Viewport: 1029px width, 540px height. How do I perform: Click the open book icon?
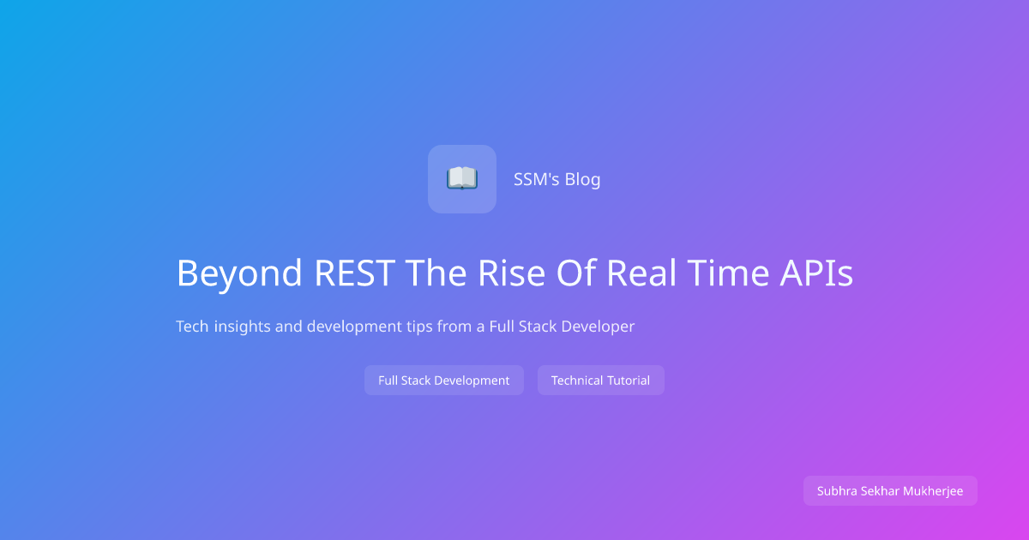tap(462, 178)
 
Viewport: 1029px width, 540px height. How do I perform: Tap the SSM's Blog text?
tap(557, 179)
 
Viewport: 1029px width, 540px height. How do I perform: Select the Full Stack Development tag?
tap(443, 381)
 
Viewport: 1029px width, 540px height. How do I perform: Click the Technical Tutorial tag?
tap(600, 381)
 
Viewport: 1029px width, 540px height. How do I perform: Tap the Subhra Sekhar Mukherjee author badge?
tap(890, 491)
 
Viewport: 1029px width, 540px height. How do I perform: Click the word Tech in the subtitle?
tap(192, 327)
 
